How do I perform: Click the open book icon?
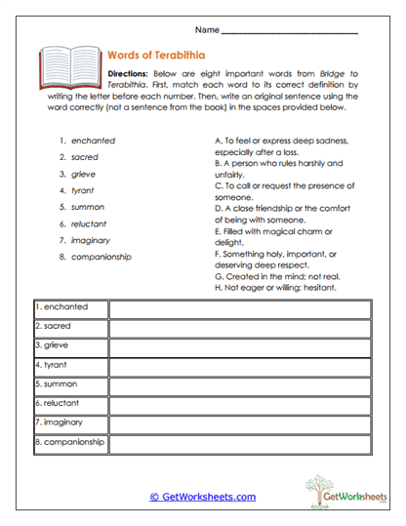point(69,67)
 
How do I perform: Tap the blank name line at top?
point(289,32)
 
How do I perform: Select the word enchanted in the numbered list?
point(93,141)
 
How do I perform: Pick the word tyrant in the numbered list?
point(83,190)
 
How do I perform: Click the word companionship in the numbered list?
point(101,257)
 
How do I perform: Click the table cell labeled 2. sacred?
point(69,327)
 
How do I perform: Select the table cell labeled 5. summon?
point(69,384)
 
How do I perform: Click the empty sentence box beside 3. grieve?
point(239,346)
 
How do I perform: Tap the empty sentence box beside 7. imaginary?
point(239,424)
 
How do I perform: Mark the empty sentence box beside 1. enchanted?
point(239,308)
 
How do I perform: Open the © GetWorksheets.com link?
point(202,496)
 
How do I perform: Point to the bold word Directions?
point(128,74)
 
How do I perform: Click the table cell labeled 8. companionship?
point(69,442)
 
